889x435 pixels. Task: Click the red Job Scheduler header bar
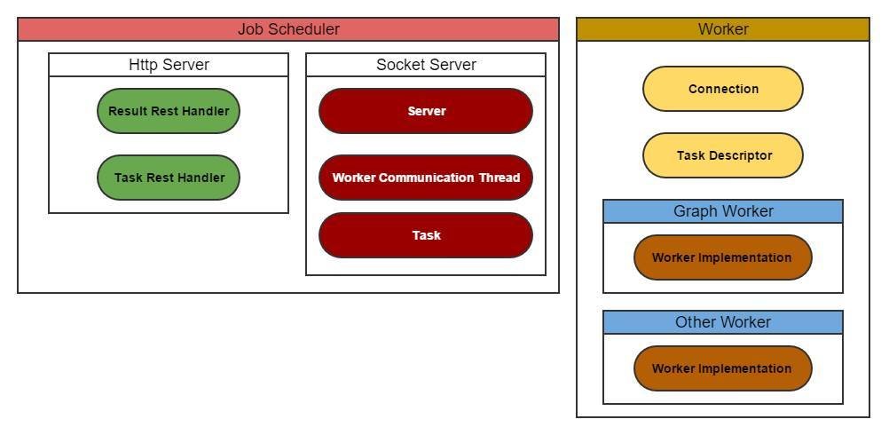[x=288, y=29]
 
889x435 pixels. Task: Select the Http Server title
[x=169, y=65]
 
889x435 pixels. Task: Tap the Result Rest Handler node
[x=169, y=111]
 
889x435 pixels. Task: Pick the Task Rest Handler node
[x=169, y=178]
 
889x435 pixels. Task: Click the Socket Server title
[x=426, y=65]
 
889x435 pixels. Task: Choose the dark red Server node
[x=426, y=111]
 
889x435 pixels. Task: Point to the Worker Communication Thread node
[x=426, y=178]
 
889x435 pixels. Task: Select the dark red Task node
[x=426, y=235]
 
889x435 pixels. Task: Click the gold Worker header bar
[x=723, y=29]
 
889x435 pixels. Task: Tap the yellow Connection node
[x=723, y=89]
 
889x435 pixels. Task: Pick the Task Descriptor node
[x=723, y=155]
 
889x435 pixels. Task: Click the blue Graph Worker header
[x=723, y=211]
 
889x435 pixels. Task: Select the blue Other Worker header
[x=723, y=322]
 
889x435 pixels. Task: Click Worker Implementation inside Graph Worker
[x=722, y=257]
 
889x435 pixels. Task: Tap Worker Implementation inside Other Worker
[x=722, y=368]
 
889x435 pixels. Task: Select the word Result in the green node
[x=129, y=111]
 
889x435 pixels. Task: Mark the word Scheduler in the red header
[x=307, y=29]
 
